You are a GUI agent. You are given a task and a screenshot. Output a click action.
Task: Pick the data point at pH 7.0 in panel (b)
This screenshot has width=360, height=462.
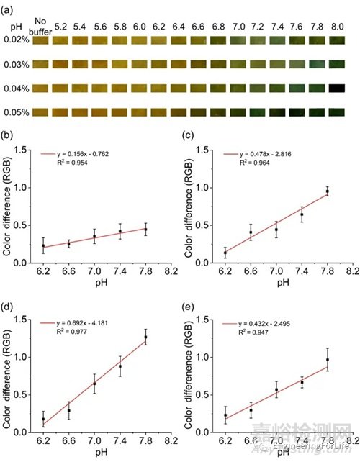click(x=94, y=236)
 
